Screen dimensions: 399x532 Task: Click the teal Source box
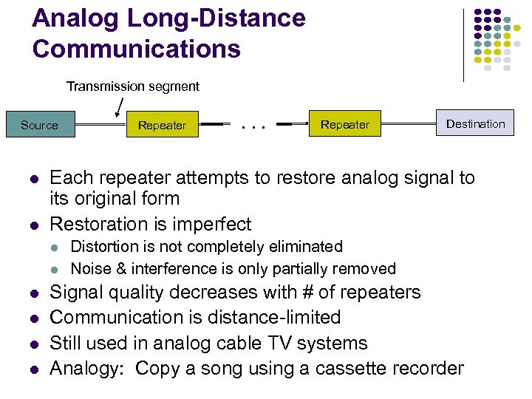(40, 125)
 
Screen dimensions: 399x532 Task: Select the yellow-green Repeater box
(162, 125)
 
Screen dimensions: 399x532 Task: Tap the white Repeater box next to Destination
(344, 124)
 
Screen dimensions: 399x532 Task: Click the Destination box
(475, 123)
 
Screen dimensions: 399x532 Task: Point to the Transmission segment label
(133, 86)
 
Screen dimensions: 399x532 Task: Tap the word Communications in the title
(137, 49)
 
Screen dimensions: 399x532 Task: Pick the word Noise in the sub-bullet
(89, 268)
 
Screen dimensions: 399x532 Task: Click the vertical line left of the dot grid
(463, 44)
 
